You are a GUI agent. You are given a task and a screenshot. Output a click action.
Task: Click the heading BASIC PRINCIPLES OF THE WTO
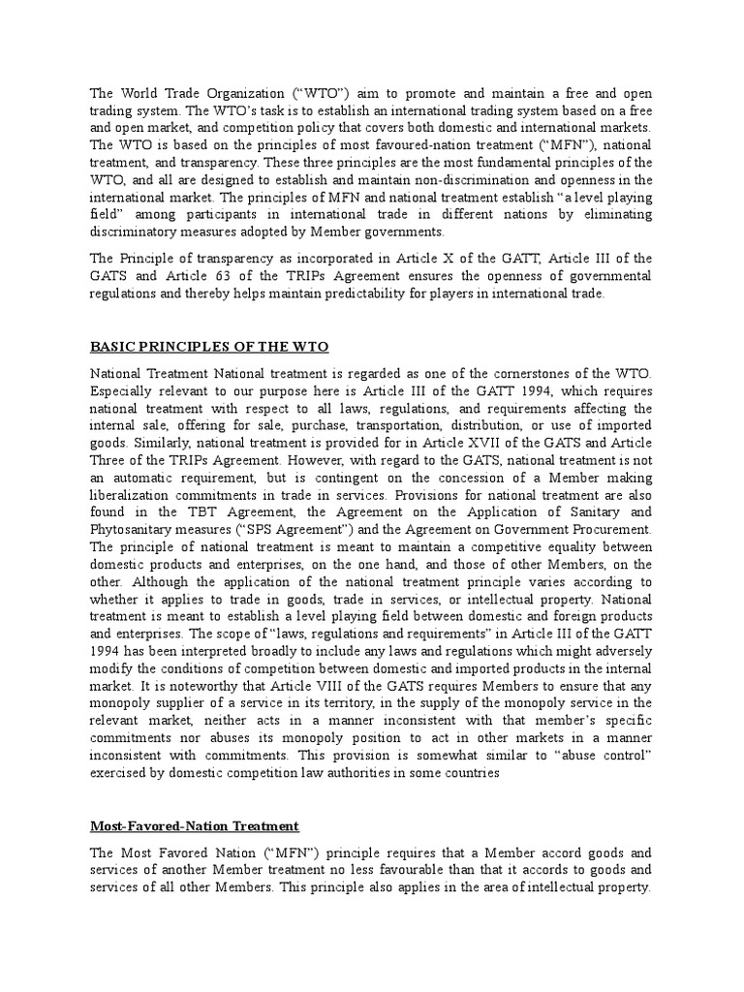pyautogui.click(x=209, y=346)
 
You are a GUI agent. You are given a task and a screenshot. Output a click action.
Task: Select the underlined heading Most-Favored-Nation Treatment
pyautogui.click(x=195, y=825)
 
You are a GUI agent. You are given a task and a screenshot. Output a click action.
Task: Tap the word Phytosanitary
pyautogui.click(x=138, y=530)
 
